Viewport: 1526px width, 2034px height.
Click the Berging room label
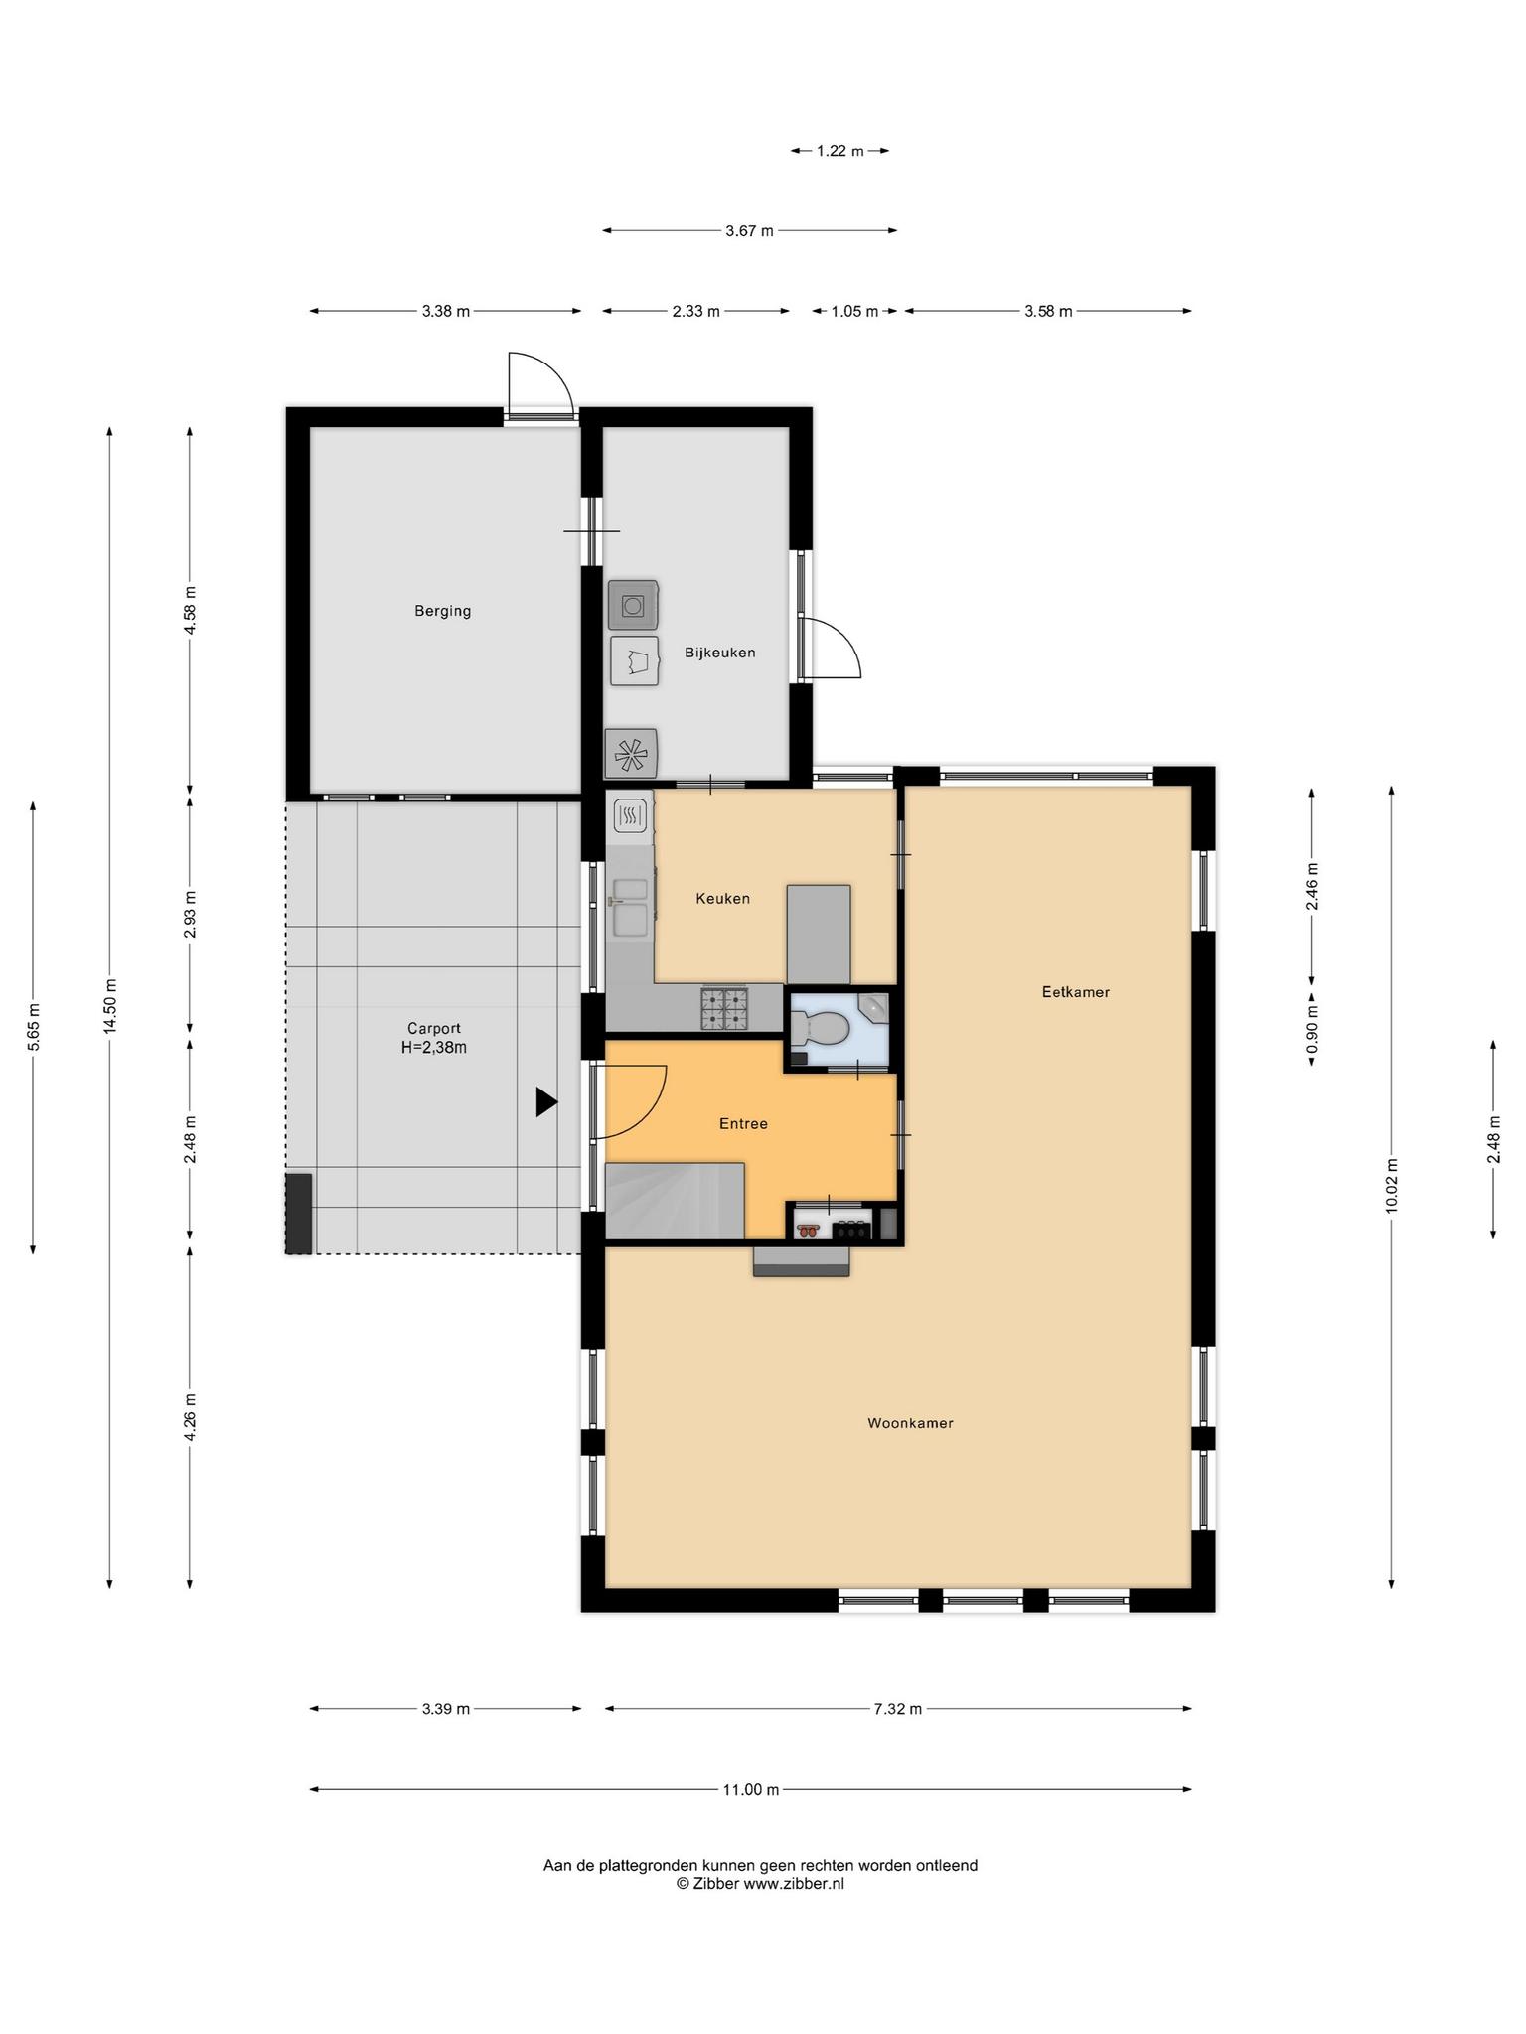pos(442,611)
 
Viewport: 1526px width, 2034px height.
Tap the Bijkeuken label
pos(720,653)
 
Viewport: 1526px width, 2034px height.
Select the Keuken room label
pos(722,898)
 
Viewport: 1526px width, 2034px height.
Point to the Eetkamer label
pos(1075,991)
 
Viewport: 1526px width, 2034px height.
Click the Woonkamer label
pos(910,1423)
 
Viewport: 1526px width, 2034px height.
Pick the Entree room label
pos(743,1123)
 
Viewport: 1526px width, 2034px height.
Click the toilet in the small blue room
pos(820,1028)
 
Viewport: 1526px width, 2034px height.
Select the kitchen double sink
pos(631,908)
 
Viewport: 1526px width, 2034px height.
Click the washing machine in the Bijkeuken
pos(633,605)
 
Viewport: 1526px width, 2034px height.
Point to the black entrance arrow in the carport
pos(546,1101)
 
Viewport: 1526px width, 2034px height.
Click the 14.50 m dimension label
pos(110,1006)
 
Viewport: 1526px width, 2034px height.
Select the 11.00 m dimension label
pos(750,1790)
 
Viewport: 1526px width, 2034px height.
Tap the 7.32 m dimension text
pos(898,1709)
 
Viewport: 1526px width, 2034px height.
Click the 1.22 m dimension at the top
pos(839,151)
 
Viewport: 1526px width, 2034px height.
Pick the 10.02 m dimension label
pos(1391,1185)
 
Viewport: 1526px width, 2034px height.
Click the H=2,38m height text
pos(433,1047)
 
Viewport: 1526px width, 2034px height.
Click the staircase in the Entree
pos(675,1201)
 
